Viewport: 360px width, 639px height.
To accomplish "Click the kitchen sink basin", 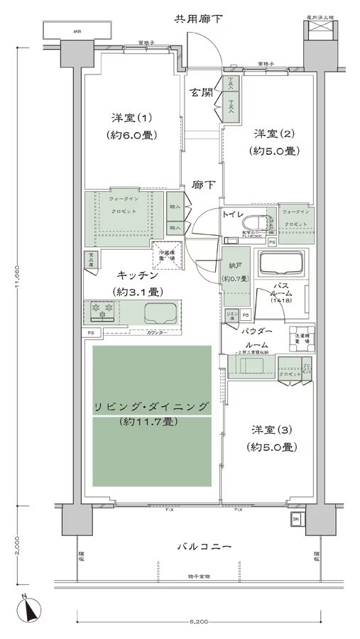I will tap(160, 312).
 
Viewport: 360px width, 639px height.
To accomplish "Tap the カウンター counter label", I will tap(157, 332).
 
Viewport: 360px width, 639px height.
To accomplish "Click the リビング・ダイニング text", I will tap(152, 406).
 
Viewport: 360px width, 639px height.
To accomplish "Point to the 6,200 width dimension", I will tap(199, 622).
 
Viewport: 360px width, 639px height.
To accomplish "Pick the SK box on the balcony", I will tap(295, 521).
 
